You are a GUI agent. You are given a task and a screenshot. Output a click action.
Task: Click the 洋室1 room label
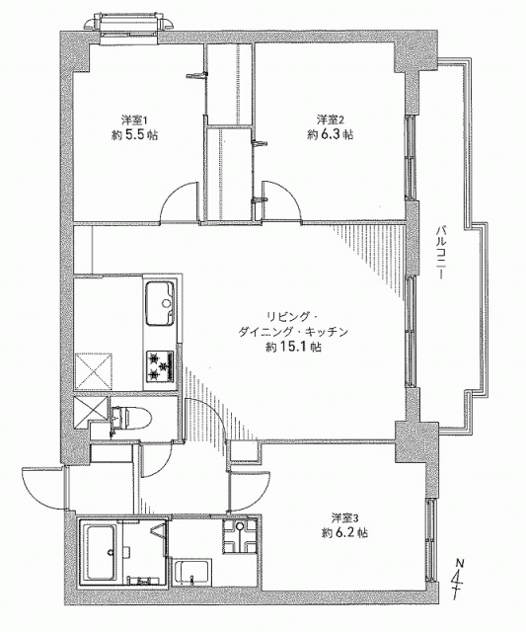(x=129, y=119)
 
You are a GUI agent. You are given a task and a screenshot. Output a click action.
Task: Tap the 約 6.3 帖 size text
(x=331, y=134)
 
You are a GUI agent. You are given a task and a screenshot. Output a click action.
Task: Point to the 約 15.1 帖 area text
(x=293, y=347)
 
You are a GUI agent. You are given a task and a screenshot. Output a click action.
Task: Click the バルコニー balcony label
(x=440, y=253)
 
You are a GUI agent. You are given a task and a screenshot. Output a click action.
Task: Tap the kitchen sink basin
(x=160, y=303)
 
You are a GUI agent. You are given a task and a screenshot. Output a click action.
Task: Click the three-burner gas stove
(x=160, y=366)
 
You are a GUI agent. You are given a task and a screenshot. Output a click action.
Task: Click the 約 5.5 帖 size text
(x=134, y=135)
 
